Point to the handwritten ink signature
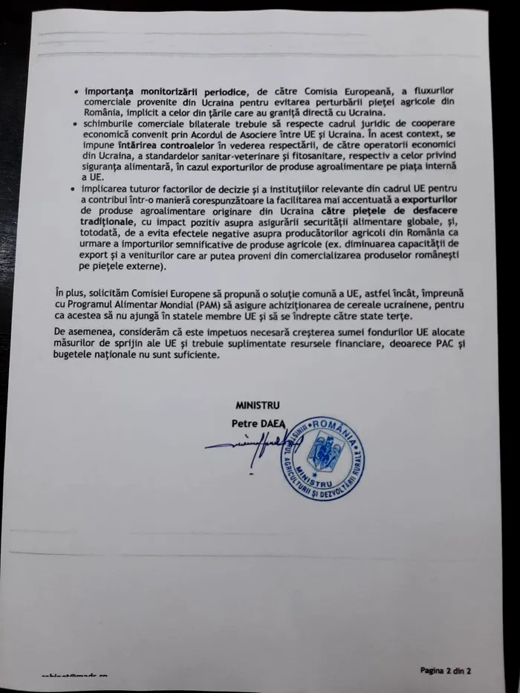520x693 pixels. tap(245, 446)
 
